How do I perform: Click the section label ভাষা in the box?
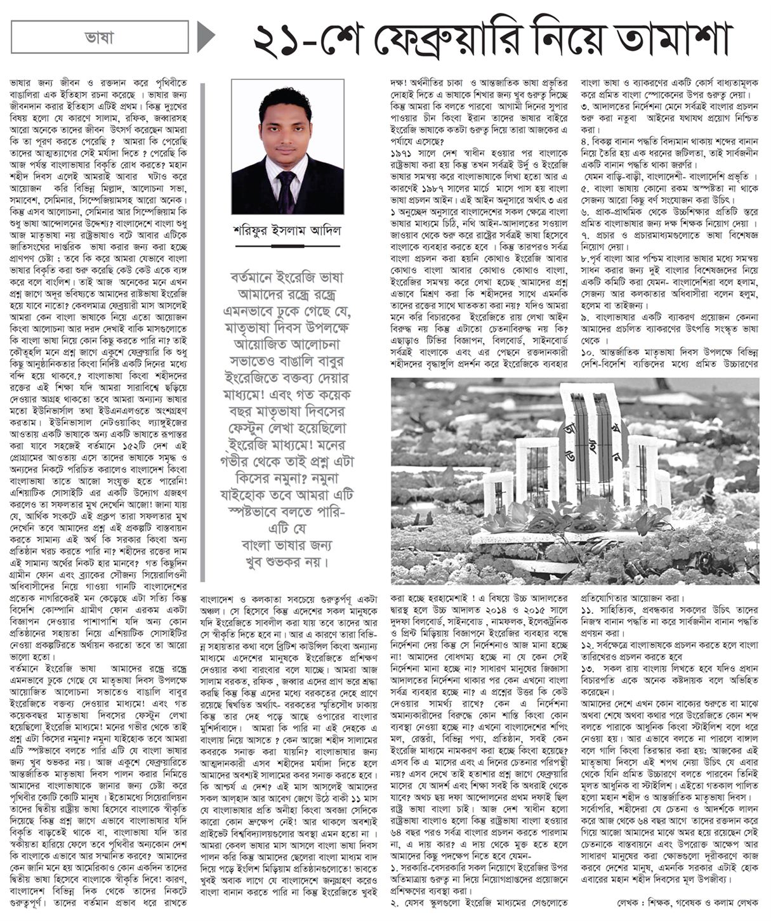(x=100, y=37)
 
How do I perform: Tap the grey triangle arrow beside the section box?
(x=206, y=37)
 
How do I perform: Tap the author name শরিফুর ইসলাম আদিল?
(x=287, y=230)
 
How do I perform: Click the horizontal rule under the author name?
(x=287, y=245)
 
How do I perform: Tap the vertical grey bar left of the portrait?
(x=203, y=330)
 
